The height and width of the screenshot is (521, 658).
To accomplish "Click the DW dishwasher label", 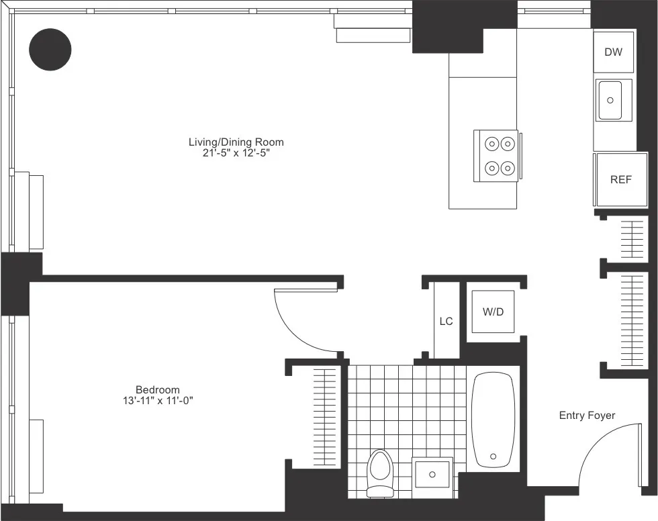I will (613, 52).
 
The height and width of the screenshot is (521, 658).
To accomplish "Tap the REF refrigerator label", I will (620, 180).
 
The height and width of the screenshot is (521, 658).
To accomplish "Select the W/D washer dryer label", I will (492, 312).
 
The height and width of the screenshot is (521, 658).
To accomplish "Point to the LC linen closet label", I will (446, 322).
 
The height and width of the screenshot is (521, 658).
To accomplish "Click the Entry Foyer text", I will (587, 416).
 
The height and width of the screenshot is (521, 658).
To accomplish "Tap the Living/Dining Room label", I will (236, 142).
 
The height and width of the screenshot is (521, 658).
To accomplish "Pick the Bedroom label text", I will (158, 389).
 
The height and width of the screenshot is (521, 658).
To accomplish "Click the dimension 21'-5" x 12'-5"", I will (236, 153).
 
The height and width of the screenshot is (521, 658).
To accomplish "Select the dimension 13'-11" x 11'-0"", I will (158, 401).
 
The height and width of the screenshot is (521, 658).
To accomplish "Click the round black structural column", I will (50, 48).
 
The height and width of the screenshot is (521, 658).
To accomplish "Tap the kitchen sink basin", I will (610, 100).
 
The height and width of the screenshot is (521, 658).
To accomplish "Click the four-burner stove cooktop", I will (496, 155).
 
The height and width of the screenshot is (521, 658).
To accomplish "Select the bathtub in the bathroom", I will (493, 420).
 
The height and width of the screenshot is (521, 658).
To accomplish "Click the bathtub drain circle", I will (494, 457).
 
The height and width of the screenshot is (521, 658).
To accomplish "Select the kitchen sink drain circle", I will (610, 100).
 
